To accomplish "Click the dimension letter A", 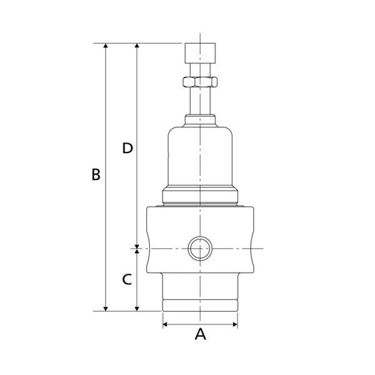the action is click(200, 334).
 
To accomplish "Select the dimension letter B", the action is click(96, 174).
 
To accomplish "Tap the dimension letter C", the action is click(127, 279).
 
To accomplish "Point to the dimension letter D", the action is click(127, 148).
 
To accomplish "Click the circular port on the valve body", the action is click(200, 249).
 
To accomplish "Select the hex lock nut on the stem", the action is click(200, 82).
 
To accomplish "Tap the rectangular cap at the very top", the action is click(200, 53).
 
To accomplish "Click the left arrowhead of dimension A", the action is click(165, 324).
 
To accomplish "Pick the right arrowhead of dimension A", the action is click(236, 324).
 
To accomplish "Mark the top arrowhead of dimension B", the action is click(106, 46).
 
